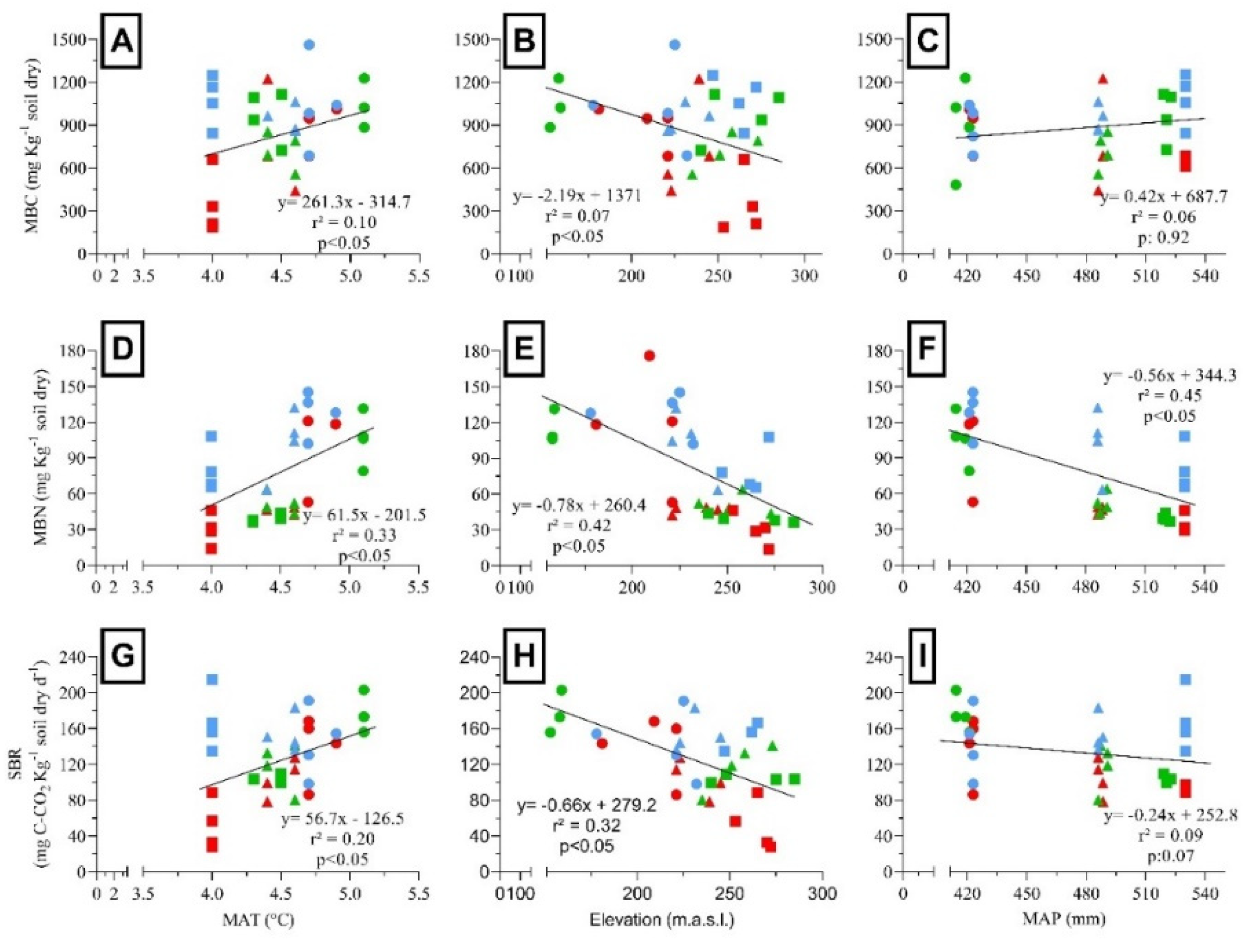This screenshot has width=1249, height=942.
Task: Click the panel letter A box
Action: [122, 41]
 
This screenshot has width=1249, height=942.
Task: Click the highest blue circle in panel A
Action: [309, 45]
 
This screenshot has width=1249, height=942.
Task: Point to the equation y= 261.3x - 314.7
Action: [343, 203]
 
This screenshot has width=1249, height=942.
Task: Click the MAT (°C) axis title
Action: [258, 920]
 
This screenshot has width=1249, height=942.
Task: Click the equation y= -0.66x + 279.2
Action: [587, 805]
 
